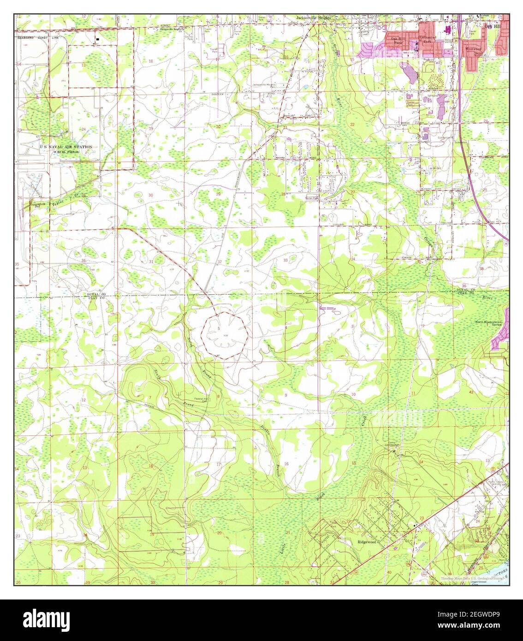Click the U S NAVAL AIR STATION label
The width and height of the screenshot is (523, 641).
(x=66, y=147)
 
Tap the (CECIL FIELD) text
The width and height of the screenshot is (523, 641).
(x=66, y=152)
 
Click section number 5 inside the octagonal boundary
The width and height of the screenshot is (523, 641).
(x=218, y=328)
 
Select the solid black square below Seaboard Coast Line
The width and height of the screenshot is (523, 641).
(x=97, y=40)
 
